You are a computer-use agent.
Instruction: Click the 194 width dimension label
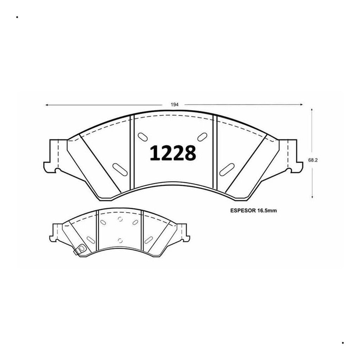click(174, 105)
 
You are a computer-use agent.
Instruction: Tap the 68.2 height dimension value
click(313, 160)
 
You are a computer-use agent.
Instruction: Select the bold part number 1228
click(173, 153)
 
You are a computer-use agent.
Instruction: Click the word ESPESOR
click(243, 211)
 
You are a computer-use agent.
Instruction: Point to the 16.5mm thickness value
click(267, 211)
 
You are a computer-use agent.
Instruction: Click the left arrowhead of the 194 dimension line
click(47, 105)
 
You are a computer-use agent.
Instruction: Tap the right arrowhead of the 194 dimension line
click(301, 105)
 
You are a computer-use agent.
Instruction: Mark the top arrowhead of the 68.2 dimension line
click(311, 110)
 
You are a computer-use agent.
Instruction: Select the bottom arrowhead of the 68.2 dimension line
click(312, 197)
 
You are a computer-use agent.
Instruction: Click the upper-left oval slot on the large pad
click(143, 137)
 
